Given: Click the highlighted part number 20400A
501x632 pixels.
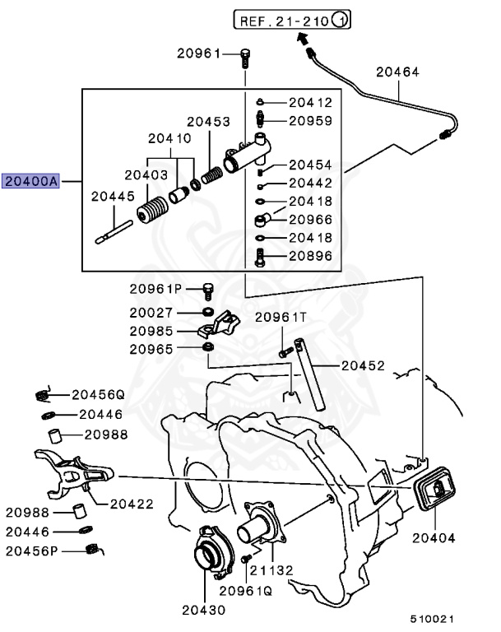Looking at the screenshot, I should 30,181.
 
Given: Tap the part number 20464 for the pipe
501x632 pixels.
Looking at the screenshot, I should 397,72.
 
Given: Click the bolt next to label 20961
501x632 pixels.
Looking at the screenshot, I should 245,56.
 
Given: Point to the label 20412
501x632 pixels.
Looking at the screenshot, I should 310,103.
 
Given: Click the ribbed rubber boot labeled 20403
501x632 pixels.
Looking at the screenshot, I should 151,211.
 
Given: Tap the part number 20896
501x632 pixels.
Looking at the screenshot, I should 310,256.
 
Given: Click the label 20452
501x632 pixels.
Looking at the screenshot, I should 363,365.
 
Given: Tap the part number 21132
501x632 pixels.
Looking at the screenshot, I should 272,570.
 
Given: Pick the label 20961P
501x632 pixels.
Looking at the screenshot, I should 155,289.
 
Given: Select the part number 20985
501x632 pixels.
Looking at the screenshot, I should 151,331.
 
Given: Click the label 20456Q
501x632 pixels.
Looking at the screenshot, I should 97,394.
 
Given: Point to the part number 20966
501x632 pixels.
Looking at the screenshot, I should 310,220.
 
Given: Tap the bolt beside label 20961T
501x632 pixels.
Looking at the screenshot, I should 284,351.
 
